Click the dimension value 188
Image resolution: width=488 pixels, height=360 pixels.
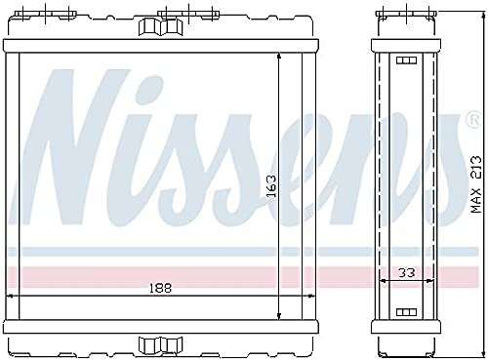pos(160,288)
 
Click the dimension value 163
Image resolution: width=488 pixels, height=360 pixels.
pos(271,186)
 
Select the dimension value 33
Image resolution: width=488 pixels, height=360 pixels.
pos(407,272)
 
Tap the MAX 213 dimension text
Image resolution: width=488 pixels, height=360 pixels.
pos(476,184)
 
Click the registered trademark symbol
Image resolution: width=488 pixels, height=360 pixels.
pos(473,120)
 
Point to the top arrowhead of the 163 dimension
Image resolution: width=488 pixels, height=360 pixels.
pos(279,57)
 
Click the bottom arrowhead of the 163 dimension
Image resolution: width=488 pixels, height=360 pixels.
pos(279,315)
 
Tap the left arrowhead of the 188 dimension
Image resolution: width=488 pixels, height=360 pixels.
pos(10,296)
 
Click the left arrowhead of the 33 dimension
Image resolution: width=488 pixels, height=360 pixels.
pos(384,280)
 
